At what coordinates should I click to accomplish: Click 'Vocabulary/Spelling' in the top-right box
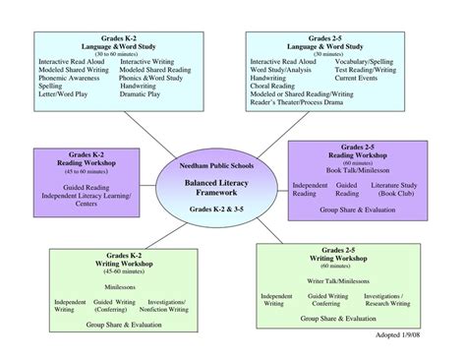tap(369, 61)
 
